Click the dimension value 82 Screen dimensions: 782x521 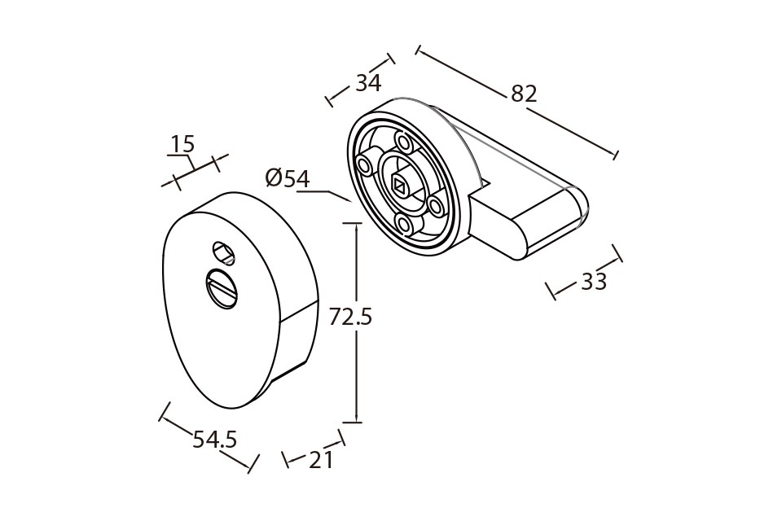pos(524,94)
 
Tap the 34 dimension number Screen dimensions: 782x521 pos(368,83)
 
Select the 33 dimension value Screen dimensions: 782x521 pos(594,282)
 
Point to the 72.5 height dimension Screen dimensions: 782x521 pos(350,317)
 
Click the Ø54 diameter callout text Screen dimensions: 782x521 pos(288,178)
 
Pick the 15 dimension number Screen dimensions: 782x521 pos(182,144)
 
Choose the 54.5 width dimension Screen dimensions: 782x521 pos(214,440)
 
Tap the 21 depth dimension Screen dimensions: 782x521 pos(321,461)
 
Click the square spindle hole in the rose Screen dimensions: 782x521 pos(399,186)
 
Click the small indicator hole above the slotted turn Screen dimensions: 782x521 pos(223,252)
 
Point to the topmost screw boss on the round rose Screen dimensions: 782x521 pos(402,143)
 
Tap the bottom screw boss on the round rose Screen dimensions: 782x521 pos(403,225)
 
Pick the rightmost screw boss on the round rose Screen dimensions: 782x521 pos(437,205)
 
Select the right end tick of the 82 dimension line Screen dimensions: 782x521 pos(616,154)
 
